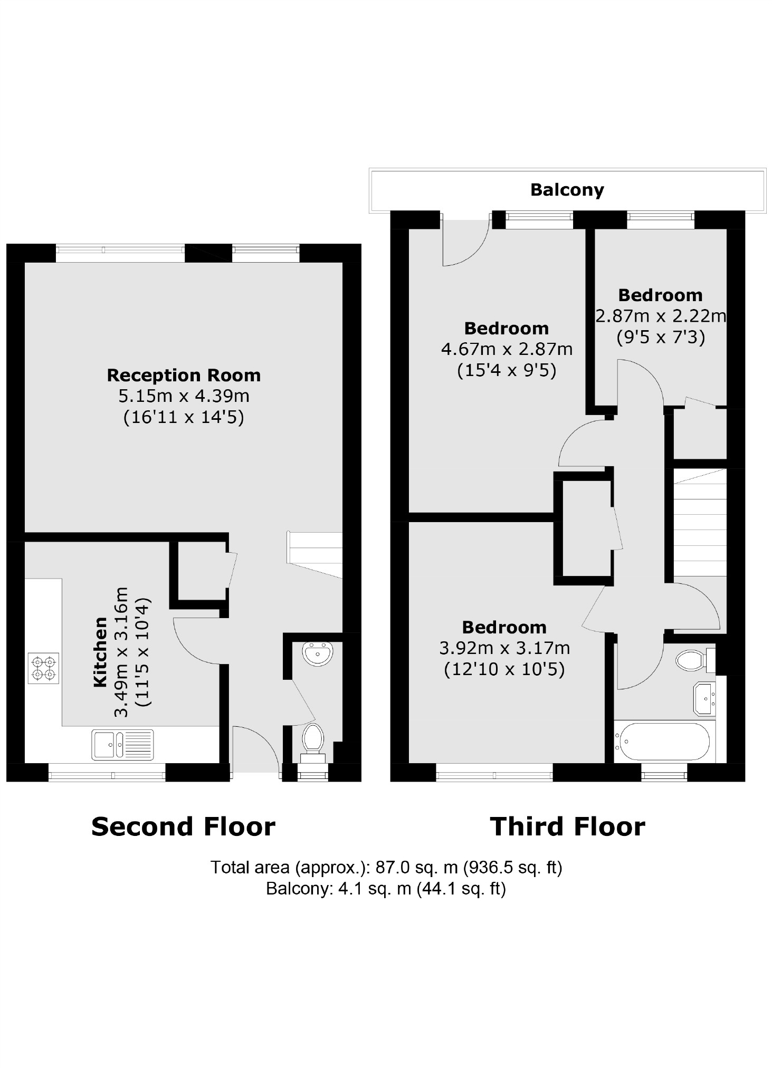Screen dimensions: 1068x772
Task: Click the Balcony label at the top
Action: click(567, 190)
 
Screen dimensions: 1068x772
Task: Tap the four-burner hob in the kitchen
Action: click(43, 668)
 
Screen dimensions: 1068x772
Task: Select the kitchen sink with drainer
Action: click(122, 744)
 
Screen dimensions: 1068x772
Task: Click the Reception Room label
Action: click(184, 376)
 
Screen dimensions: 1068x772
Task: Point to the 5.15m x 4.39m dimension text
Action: click(184, 396)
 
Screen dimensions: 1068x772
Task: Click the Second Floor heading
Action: click(183, 826)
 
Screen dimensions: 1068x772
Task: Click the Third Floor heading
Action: click(567, 826)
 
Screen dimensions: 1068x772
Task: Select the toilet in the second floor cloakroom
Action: click(313, 738)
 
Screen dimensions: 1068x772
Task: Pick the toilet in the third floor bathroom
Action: click(692, 660)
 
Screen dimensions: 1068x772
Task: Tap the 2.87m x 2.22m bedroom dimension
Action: click(660, 316)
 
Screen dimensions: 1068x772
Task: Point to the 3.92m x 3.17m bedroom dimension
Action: click(504, 648)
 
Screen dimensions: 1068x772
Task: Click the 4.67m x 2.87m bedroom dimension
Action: click(506, 349)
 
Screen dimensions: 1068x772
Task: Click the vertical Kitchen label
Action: click(100, 652)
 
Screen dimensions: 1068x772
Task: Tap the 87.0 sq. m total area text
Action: click(386, 867)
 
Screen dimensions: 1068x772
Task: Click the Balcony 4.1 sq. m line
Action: click(386, 889)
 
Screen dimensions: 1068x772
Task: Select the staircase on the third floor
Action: click(700, 525)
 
